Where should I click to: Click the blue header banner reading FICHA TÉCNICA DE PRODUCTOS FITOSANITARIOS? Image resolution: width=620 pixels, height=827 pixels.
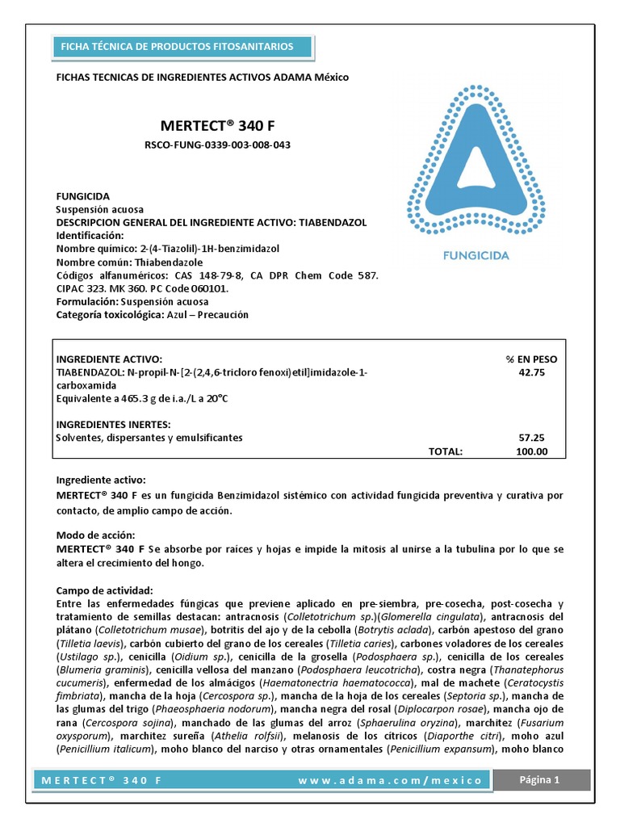177,47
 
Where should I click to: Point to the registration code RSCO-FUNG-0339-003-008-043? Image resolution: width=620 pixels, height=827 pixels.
216,145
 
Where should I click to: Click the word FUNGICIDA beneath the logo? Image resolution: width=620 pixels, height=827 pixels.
475,256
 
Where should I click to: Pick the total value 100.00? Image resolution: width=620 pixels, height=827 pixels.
531,451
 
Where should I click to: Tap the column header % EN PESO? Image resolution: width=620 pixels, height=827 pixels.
531,359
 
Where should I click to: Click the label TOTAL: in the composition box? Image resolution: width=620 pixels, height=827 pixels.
445,451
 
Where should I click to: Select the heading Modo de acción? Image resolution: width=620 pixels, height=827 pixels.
95,535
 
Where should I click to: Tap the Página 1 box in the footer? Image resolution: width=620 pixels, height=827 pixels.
538,779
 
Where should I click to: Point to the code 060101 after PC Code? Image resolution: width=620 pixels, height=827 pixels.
209,288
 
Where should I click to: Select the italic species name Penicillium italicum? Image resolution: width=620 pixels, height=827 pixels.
107,749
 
